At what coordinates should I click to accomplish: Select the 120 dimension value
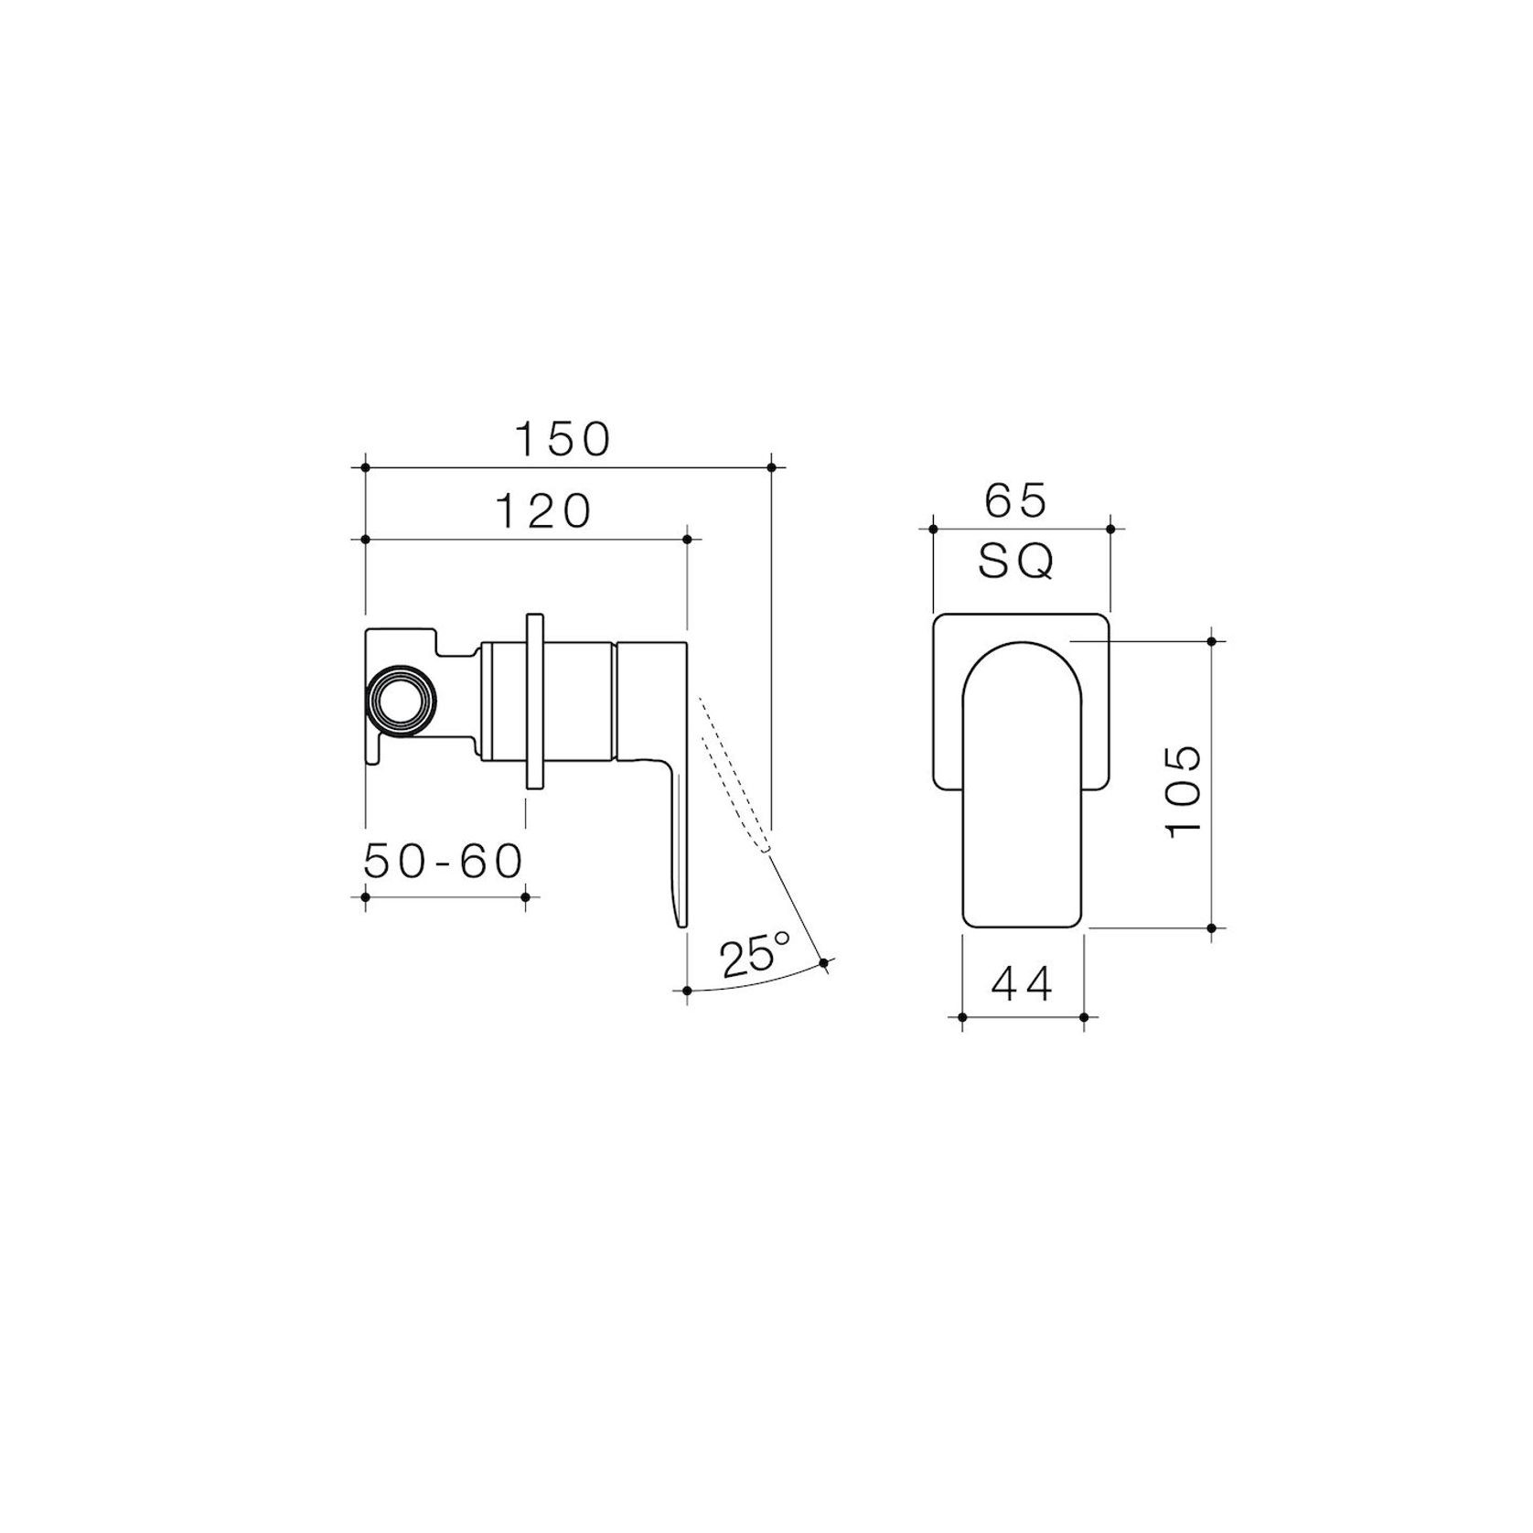(544, 511)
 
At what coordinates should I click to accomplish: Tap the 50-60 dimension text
(444, 861)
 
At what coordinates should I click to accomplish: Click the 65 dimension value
(1015, 501)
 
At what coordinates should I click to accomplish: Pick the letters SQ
(1016, 563)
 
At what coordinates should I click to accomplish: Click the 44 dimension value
(1022, 985)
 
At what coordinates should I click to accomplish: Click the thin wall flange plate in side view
(534, 701)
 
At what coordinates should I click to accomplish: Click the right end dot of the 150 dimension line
(771, 467)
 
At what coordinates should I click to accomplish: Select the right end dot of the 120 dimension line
(688, 540)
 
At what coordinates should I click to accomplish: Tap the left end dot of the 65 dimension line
(933, 528)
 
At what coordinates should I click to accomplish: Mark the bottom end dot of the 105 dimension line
(1212, 927)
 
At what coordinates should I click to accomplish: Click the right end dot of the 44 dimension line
(1083, 1016)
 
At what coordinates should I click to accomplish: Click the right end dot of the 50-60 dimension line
(525, 897)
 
